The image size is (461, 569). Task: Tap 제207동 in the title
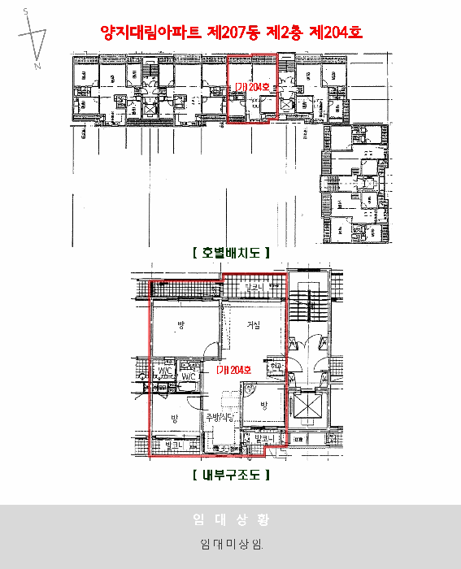[233, 33]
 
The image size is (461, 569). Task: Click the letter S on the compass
[25, 11]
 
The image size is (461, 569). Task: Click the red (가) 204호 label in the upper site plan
[251, 86]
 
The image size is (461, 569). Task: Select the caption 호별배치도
[230, 252]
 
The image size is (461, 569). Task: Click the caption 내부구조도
[230, 474]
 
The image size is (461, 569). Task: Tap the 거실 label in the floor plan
[254, 326]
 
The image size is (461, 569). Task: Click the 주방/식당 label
[220, 418]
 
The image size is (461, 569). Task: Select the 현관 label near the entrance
[276, 367]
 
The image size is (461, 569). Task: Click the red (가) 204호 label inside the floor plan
[234, 370]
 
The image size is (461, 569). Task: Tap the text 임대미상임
[230, 543]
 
